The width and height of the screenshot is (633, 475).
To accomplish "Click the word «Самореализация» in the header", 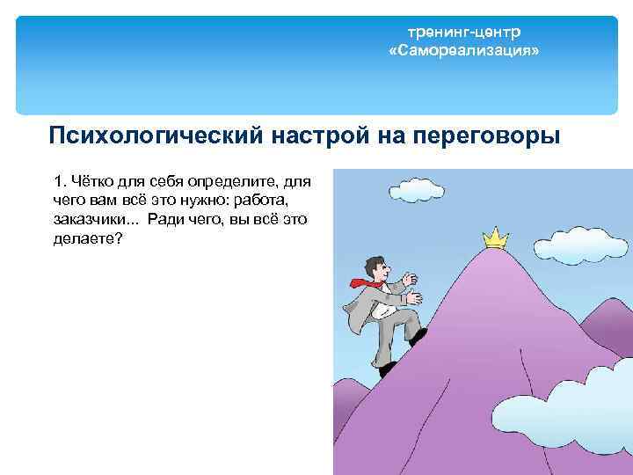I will point(463,52).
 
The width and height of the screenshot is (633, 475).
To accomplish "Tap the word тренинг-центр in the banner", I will point(463,33).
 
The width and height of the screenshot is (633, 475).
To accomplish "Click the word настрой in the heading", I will point(318,137).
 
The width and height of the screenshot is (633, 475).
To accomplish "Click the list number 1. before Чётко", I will point(59,182).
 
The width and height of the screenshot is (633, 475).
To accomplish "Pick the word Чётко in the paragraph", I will point(91,182).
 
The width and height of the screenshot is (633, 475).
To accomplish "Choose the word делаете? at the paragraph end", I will point(88,238).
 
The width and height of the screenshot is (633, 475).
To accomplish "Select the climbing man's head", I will point(376,266).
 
